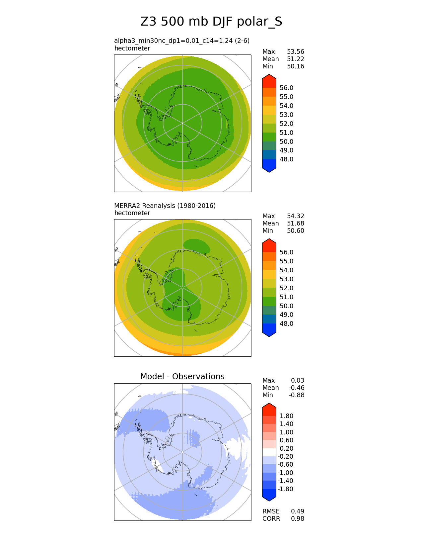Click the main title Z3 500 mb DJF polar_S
coord(211,22)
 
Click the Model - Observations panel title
coord(182,376)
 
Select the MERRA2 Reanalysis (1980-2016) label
coord(165,206)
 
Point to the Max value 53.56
coord(295,52)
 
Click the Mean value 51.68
coord(295,224)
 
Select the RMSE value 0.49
coord(297,511)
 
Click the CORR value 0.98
coord(297,519)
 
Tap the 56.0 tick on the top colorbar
coord(286,88)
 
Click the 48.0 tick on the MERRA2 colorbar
coord(286,324)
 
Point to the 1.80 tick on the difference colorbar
coord(286,416)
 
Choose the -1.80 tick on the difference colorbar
coord(285,489)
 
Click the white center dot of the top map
coord(182,123)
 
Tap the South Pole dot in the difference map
coord(182,452)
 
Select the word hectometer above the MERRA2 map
coord(132,213)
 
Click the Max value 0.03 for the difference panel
coord(297,381)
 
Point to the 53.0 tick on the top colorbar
coord(286,115)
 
